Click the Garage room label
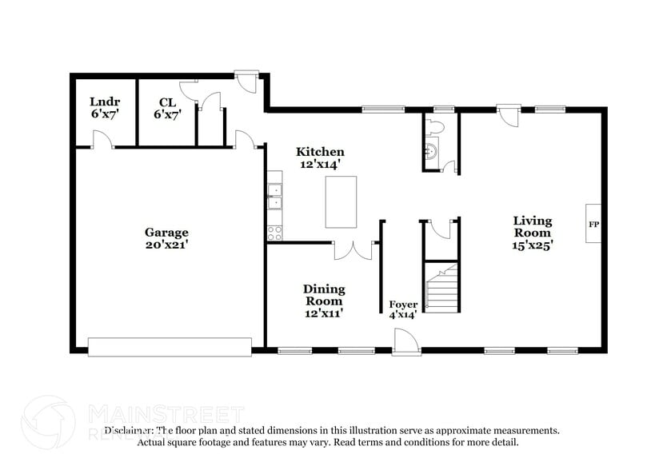166,239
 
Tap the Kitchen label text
320,157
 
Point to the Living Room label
532,233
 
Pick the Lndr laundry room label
104,108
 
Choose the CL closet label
166,108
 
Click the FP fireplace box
593,225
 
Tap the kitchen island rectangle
341,202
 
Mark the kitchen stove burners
274,233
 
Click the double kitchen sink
274,196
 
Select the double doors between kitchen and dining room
353,250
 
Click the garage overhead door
170,346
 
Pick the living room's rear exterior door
505,114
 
